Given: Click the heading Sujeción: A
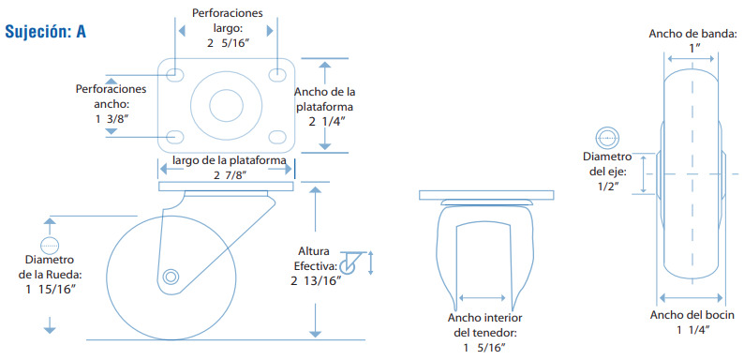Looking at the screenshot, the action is point(45,31).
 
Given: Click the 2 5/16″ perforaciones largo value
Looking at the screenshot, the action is point(228,43).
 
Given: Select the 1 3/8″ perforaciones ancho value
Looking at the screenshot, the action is point(112,119).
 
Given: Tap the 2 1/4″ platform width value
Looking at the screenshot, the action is point(326,122).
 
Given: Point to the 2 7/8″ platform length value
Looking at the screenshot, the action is point(230,175).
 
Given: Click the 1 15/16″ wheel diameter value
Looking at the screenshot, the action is point(52,290).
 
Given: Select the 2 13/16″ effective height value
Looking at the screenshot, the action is point(316,280).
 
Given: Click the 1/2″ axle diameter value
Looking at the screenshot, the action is point(609,187).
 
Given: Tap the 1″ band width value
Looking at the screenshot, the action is point(695,48).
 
